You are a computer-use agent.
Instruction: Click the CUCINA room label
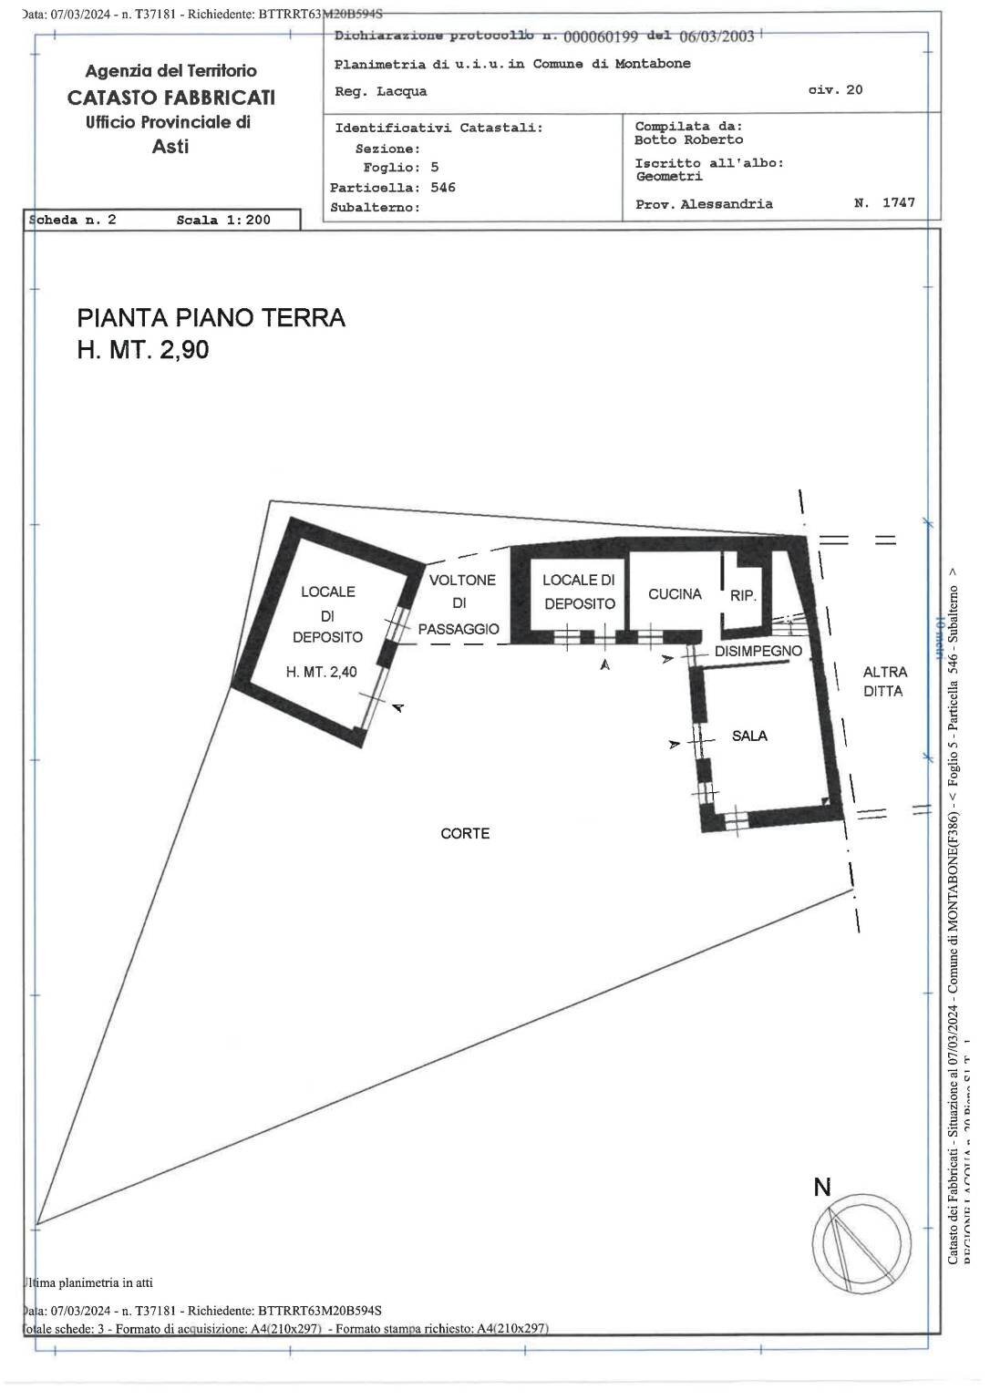(x=675, y=594)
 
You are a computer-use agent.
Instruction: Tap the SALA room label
(x=749, y=736)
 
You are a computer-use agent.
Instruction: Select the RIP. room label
(x=743, y=596)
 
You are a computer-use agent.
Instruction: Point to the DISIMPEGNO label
(x=758, y=651)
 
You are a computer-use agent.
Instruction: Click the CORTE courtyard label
(x=465, y=833)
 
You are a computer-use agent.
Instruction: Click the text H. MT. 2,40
(x=322, y=672)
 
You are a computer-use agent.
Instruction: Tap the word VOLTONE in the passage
(x=462, y=580)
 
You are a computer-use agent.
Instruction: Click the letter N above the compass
(x=822, y=1187)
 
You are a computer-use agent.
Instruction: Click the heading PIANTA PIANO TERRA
(x=211, y=318)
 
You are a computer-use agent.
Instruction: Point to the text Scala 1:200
(x=223, y=220)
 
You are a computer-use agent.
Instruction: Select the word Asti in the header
(x=170, y=147)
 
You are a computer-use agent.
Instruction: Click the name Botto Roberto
(x=688, y=139)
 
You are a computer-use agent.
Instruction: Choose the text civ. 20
(x=835, y=89)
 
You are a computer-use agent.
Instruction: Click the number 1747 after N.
(x=898, y=203)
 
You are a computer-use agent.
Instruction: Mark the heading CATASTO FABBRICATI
(x=170, y=98)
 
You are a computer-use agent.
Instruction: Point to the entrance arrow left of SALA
(x=674, y=745)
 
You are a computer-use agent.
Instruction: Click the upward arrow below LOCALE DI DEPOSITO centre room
(x=603, y=665)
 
